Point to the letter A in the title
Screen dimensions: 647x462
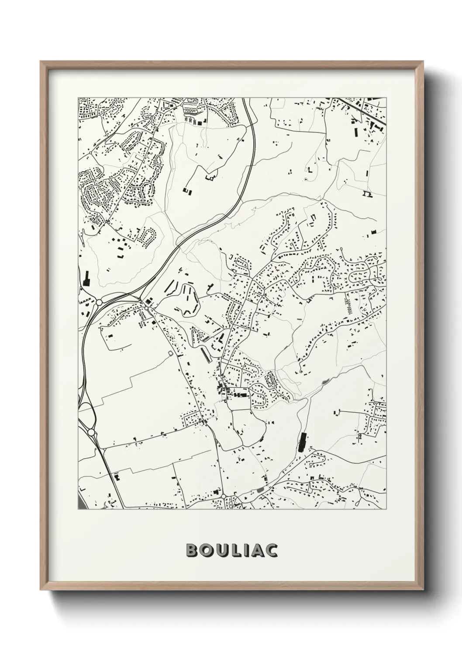(257, 550)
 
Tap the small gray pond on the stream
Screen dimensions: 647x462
(324, 382)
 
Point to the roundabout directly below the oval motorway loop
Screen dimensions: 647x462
(92, 432)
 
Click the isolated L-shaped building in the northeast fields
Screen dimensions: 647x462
(310, 171)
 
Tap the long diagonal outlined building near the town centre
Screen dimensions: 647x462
(204, 354)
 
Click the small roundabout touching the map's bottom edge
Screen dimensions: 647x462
(224, 497)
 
